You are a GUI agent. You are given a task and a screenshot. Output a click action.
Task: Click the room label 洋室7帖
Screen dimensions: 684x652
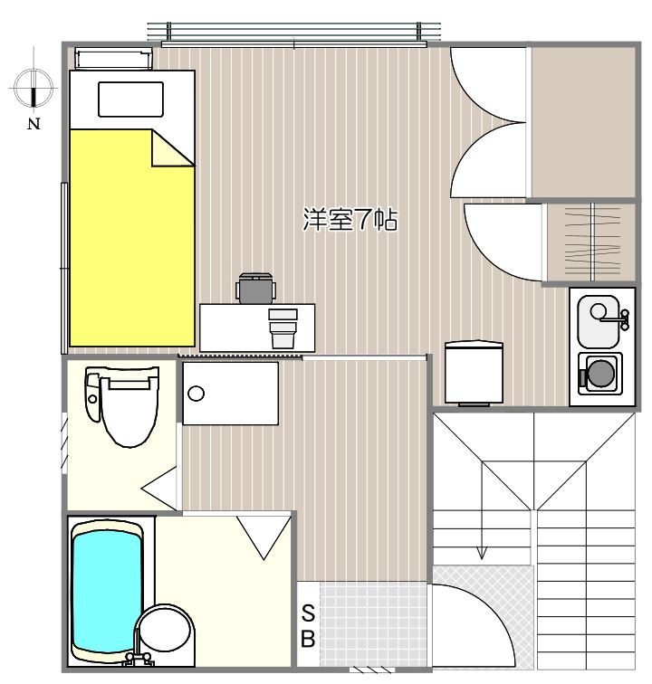(x=350, y=220)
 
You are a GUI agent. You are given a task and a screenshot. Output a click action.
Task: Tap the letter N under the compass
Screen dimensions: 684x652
(x=34, y=125)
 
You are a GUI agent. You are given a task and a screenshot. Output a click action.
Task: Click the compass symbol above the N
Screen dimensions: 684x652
(x=34, y=89)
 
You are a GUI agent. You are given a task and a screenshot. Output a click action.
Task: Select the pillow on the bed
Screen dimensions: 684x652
(x=130, y=100)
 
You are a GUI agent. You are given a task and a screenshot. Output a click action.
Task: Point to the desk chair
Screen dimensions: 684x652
(x=255, y=288)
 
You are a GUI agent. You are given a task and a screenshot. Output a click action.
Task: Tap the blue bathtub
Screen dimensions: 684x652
(x=107, y=590)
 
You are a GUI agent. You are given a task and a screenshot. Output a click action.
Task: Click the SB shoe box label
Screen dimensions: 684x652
(x=308, y=624)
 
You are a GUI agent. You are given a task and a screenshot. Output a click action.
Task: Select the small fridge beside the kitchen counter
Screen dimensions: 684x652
(x=474, y=371)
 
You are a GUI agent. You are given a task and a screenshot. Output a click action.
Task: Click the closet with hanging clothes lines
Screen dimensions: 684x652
(x=591, y=242)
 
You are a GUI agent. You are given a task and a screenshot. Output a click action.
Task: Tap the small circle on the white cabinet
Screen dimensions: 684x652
(x=197, y=394)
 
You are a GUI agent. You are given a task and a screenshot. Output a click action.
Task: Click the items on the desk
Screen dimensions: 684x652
(x=283, y=327)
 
